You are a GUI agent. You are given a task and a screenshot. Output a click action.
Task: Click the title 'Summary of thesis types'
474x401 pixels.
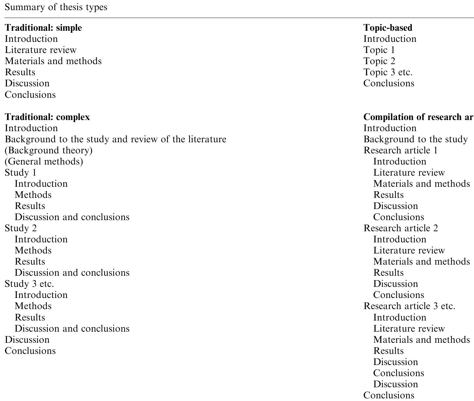tap(56, 7)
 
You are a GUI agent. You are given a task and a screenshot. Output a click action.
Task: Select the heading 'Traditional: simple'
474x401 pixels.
tap(43, 28)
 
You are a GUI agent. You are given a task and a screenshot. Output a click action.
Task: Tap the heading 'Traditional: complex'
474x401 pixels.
tap(47, 117)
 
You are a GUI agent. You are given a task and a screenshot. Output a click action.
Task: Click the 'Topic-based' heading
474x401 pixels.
tap(388, 28)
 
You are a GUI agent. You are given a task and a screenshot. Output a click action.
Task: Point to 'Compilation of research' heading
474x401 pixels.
tap(418, 117)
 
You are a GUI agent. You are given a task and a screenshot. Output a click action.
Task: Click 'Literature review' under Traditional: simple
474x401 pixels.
tap(41, 50)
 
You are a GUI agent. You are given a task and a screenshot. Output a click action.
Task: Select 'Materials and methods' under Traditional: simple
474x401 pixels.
tap(53, 61)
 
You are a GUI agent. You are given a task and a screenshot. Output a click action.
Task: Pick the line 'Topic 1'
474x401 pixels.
tap(379, 50)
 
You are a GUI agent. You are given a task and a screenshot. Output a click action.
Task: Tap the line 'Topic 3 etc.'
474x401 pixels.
tap(388, 72)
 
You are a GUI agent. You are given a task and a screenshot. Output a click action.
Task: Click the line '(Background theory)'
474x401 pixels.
tap(48, 150)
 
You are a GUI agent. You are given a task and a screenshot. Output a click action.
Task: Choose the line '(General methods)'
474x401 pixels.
tap(44, 162)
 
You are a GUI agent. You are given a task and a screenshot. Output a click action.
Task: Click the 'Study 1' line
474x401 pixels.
tap(20, 173)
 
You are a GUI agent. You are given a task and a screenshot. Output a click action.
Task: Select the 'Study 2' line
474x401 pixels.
tap(21, 228)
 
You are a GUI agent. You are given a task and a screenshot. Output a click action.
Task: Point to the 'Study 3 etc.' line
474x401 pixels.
tap(29, 284)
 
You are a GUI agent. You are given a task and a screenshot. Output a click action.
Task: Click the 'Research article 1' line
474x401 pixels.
tap(400, 150)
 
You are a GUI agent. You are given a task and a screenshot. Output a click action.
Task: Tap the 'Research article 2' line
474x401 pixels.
tap(401, 228)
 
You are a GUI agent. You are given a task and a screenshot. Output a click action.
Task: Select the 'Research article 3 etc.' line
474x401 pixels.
tap(409, 306)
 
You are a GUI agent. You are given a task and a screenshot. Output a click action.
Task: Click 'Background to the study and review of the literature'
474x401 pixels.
tap(115, 139)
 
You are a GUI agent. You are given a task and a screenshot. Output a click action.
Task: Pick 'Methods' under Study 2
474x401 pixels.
tap(33, 251)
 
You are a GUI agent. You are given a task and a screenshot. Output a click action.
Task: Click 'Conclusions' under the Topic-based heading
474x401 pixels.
tap(389, 83)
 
